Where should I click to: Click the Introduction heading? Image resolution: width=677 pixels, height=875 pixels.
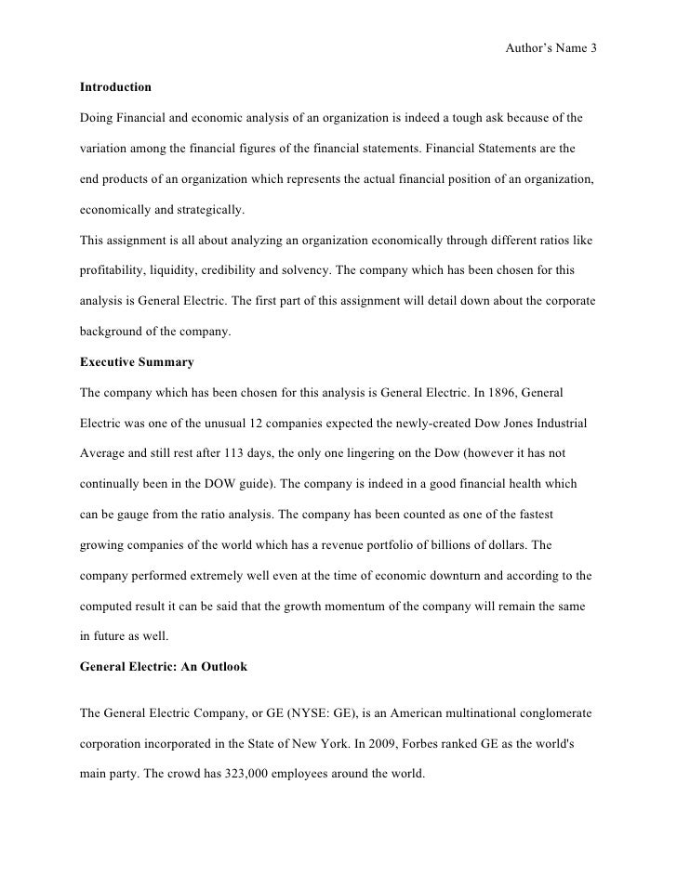115,87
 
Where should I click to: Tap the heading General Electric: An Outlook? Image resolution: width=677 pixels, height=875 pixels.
164,666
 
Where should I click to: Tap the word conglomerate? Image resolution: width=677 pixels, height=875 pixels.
552,711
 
